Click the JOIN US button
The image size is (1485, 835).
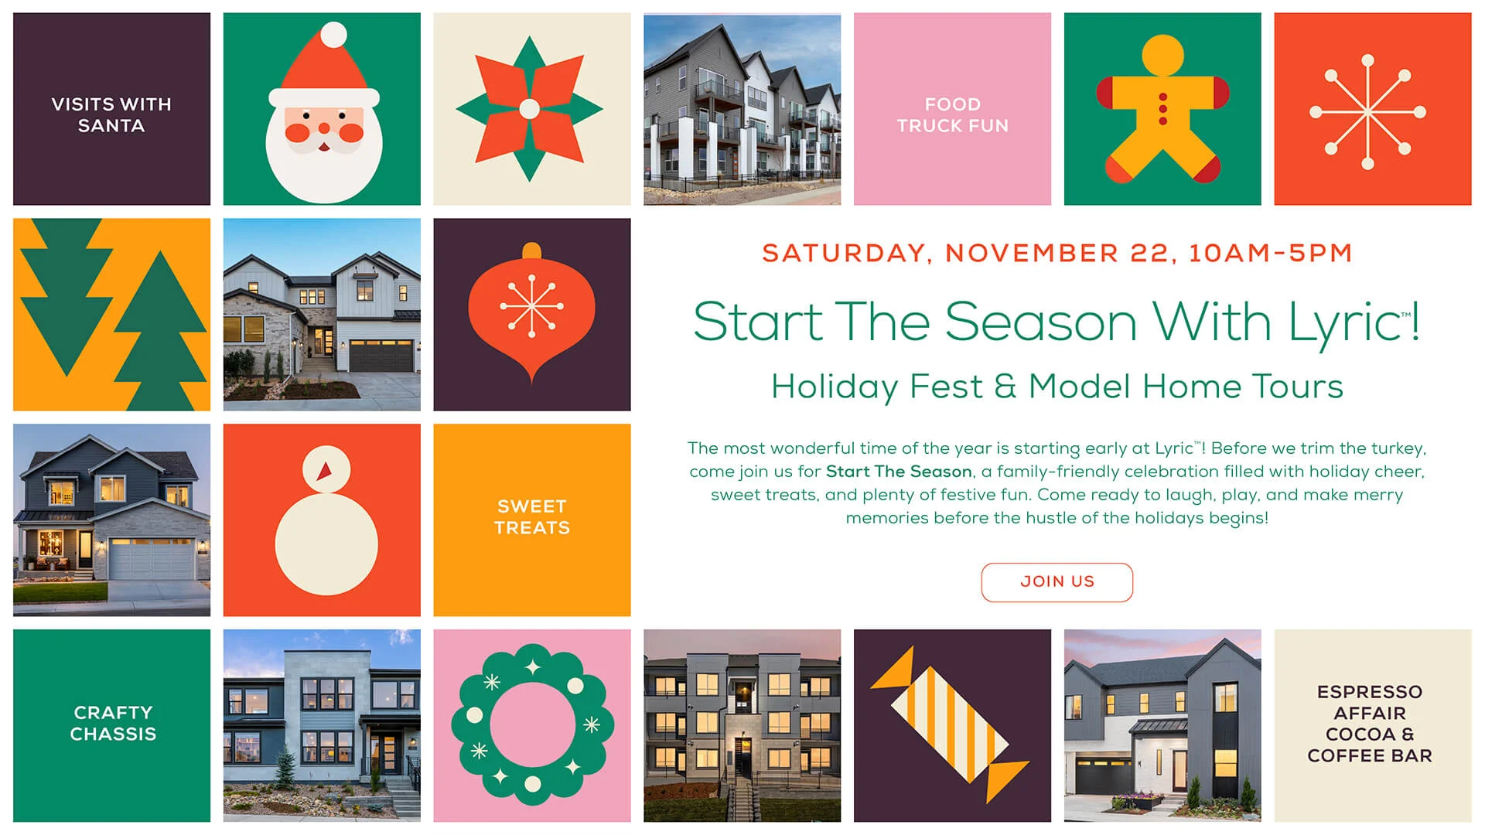point(1057,582)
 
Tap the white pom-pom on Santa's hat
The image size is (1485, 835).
point(333,35)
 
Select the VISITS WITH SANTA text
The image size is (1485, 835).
point(111,114)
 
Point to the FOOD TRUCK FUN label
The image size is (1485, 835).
point(952,114)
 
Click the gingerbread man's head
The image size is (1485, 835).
point(1162,55)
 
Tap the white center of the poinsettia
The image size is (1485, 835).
point(529,109)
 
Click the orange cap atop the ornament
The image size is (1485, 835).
point(531,250)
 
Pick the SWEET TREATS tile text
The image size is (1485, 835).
point(532,517)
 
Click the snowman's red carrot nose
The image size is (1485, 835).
point(325,470)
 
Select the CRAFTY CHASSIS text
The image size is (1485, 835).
point(113,723)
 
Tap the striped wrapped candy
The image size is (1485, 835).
point(950,725)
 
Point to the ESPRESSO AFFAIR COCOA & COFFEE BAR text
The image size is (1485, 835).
point(1370,724)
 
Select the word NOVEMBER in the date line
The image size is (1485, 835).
point(1032,253)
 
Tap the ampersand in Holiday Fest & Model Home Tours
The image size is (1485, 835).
point(1005,386)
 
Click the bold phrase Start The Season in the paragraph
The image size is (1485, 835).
point(899,472)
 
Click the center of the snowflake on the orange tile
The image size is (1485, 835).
point(1367,112)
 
